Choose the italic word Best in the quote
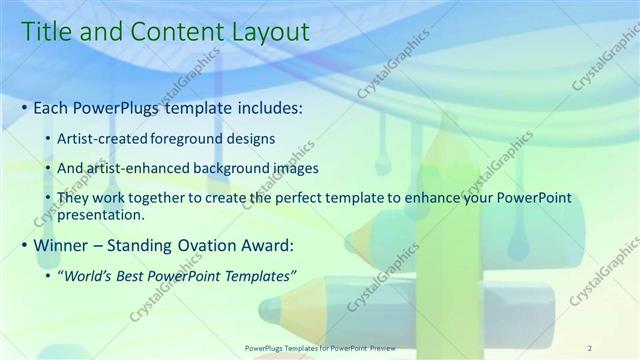[x=144, y=274]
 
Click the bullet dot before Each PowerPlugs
[x=24, y=108]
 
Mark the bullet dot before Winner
[x=24, y=246]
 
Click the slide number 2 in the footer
[x=590, y=347]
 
